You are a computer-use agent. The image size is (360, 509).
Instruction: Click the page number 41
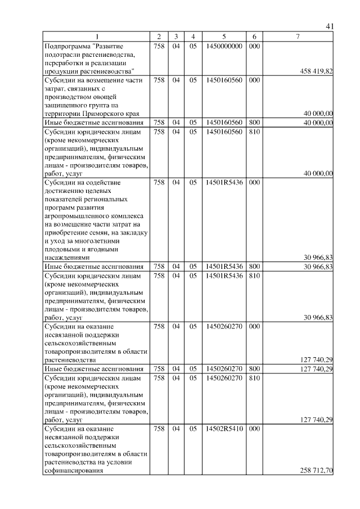coord(330,26)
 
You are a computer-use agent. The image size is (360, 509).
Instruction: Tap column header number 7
coord(298,37)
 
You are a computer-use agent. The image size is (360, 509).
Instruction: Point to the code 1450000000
coord(224,46)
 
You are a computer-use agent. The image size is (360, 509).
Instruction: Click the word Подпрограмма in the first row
coord(67,46)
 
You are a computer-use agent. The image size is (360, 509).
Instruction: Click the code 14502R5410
coord(224,429)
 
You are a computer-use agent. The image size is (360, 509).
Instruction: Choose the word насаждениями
coord(66,257)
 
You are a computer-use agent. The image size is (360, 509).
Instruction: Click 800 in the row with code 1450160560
coord(254,122)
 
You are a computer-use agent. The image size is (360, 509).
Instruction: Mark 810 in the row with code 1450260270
coord(254,378)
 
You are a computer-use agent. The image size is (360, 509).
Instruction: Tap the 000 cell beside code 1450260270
coord(254,326)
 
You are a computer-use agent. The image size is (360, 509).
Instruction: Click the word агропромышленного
coord(78,215)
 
